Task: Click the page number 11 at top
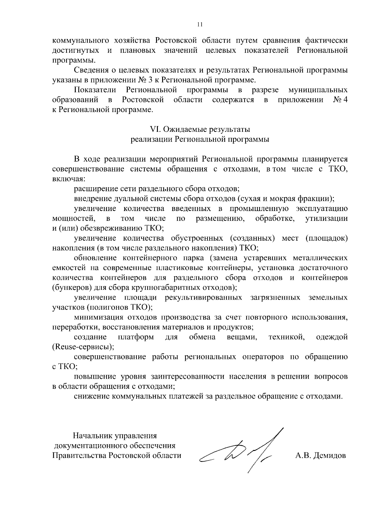coord(200,25)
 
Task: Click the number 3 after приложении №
coord(156,80)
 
